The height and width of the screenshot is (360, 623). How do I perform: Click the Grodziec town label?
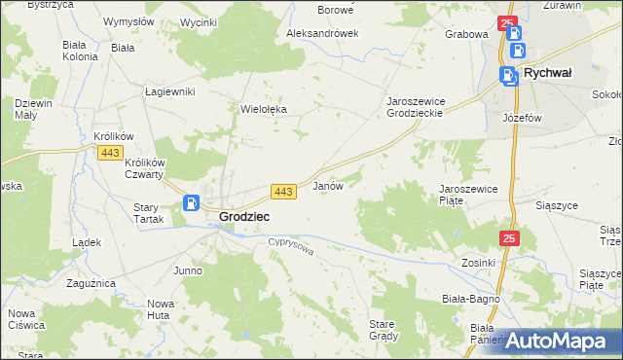[244, 216]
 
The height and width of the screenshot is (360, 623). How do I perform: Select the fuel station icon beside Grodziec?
[192, 203]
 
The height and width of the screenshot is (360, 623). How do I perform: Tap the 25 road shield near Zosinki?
[511, 237]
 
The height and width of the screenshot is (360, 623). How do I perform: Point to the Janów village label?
[326, 186]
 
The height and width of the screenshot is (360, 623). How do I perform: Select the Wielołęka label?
[264, 109]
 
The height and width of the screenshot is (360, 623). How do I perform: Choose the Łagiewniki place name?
[170, 91]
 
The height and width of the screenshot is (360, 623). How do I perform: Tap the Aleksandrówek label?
[322, 32]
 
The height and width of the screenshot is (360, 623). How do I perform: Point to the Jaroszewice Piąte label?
[468, 194]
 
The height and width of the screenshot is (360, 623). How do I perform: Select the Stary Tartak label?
[146, 213]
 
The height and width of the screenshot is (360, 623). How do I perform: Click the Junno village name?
[187, 270]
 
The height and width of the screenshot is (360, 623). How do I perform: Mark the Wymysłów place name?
[129, 21]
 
